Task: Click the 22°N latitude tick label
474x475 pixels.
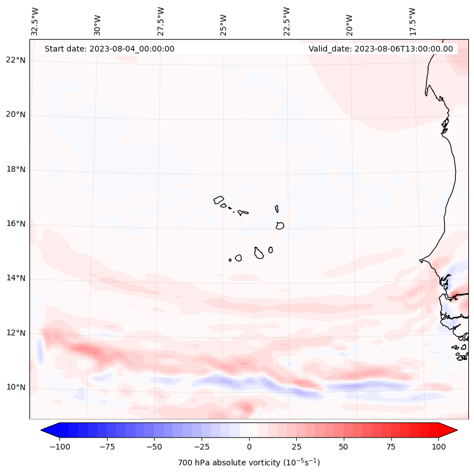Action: click(16, 61)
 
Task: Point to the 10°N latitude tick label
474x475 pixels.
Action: click(16, 388)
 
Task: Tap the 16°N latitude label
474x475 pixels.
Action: click(16, 224)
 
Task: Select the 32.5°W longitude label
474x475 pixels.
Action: click(35, 22)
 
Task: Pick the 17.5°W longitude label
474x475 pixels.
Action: click(413, 22)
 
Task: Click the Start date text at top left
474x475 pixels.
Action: click(109, 49)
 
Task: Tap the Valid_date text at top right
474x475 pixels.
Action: click(381, 49)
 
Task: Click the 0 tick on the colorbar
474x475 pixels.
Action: click(249, 447)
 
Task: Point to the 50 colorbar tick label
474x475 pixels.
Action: click(344, 447)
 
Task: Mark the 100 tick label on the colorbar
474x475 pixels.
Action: click(438, 447)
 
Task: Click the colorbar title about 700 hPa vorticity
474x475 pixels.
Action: click(249, 463)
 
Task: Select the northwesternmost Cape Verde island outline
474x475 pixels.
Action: click(219, 200)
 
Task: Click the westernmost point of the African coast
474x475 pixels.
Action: click(420, 260)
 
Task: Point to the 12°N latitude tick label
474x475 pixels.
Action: click(16, 333)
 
